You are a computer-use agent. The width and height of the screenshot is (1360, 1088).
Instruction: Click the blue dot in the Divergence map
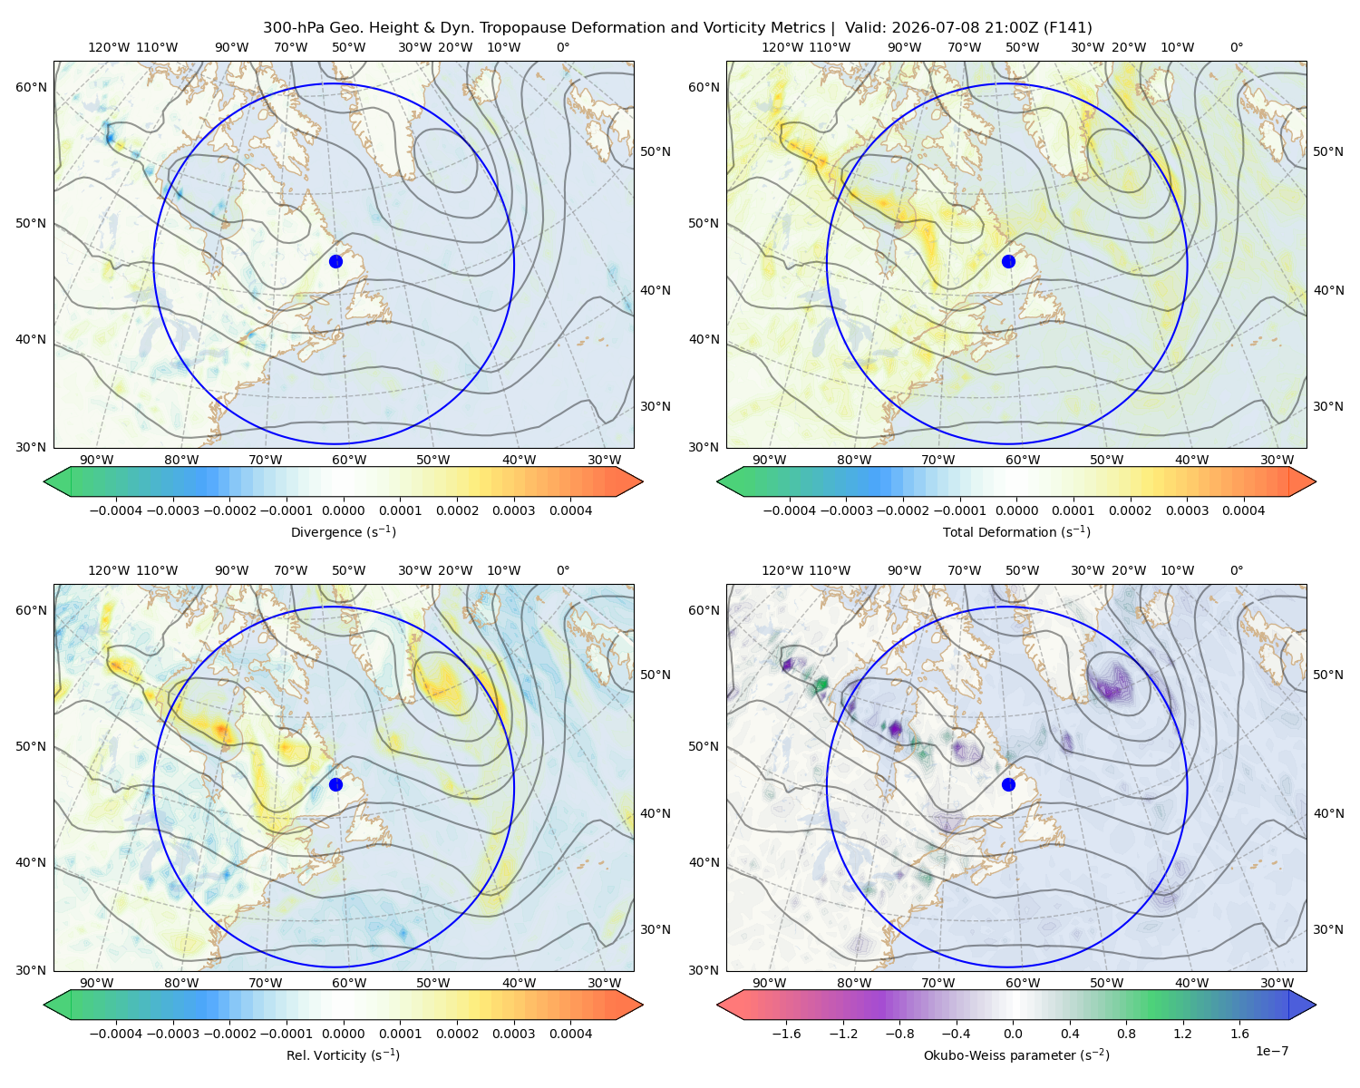(335, 261)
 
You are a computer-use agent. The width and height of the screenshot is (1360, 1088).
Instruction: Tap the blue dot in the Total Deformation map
(1008, 261)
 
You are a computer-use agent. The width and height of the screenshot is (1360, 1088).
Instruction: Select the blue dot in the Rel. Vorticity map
(335, 784)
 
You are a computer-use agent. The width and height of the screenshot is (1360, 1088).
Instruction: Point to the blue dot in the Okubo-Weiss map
(1008, 784)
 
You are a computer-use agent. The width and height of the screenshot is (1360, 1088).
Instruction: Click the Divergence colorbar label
(343, 532)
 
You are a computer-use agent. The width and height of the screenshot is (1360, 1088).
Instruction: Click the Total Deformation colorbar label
(1016, 532)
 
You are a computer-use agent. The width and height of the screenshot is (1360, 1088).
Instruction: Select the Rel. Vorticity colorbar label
(343, 1055)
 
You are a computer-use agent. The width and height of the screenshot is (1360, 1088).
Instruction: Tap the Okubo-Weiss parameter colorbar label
(1016, 1055)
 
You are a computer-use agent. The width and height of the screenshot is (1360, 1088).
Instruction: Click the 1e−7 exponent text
(1271, 1051)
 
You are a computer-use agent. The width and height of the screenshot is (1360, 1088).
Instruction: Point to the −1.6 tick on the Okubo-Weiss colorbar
(786, 1034)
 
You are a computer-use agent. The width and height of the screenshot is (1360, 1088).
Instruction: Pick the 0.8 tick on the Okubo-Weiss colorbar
(1126, 1034)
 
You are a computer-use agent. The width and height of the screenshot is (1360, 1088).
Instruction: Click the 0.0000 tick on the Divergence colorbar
(343, 510)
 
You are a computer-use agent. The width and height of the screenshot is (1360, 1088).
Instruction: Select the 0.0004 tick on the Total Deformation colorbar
(1243, 510)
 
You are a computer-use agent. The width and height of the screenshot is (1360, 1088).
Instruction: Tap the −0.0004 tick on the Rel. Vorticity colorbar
(116, 1034)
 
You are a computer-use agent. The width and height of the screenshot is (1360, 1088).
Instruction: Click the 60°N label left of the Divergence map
(31, 87)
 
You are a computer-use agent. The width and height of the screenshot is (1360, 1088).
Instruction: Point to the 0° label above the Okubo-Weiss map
(1236, 570)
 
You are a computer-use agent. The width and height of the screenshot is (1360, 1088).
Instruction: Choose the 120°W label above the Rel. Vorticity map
(109, 570)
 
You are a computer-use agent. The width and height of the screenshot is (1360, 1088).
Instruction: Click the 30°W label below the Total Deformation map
(1277, 461)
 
